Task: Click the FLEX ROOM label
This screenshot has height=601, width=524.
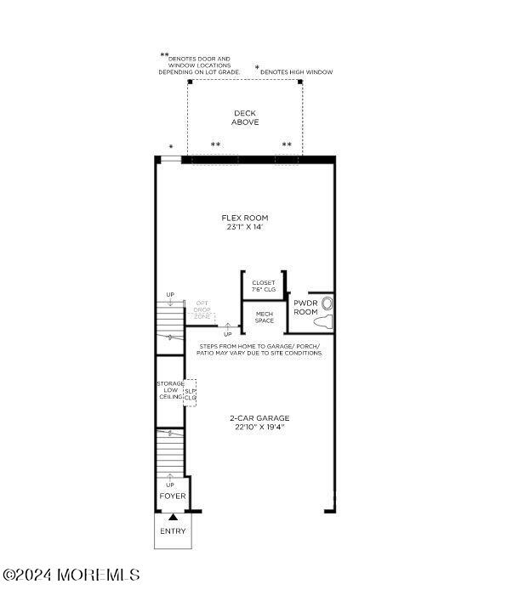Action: coord(244,218)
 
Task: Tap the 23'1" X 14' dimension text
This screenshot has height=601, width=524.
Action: coord(244,228)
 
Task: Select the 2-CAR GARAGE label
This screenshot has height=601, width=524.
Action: coord(259,417)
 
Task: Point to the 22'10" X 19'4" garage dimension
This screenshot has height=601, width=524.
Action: coord(259,428)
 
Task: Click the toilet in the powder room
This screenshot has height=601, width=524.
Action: coord(326,312)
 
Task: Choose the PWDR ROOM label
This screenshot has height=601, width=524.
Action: coord(305,307)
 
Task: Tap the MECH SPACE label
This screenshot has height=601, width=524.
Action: coord(265,317)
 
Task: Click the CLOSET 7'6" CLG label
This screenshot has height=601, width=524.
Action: coord(264,286)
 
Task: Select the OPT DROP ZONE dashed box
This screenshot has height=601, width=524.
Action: coord(202,309)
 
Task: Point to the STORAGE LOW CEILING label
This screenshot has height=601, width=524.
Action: coord(170,390)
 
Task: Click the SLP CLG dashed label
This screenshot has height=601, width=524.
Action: coord(191,394)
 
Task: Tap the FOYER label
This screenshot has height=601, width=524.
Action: coord(173,496)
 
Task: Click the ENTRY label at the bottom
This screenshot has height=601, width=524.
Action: coord(173,531)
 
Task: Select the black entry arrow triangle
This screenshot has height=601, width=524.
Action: coord(173,516)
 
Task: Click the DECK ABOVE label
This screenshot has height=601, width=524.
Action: coord(245,118)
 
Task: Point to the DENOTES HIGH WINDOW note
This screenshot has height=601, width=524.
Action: coord(295,72)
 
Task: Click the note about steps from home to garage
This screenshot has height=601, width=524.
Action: coord(259,349)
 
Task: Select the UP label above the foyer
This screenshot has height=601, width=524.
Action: coord(170,485)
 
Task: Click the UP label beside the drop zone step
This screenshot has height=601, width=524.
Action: coord(227,334)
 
